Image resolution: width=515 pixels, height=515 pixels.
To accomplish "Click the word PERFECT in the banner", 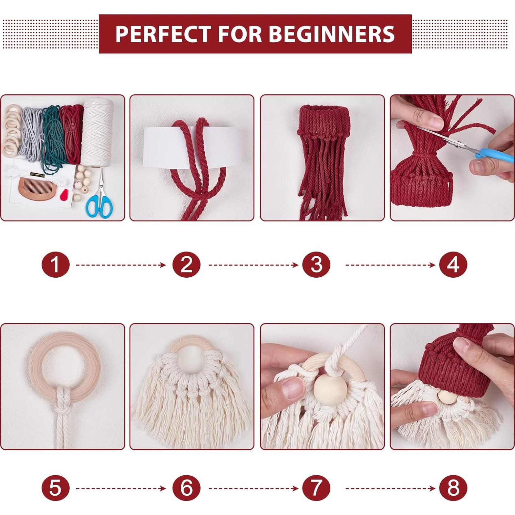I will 163,34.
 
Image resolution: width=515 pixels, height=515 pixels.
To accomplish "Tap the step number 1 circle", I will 55,265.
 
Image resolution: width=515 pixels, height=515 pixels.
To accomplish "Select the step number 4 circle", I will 453,265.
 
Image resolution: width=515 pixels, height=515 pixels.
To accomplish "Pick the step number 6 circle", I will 186,488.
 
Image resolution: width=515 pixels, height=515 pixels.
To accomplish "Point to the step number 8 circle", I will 453,488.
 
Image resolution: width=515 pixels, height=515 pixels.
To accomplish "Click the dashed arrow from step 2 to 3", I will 253,265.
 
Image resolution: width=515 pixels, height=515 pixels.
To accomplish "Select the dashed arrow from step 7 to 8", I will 390,488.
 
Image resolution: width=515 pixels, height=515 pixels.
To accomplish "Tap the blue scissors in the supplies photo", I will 100,203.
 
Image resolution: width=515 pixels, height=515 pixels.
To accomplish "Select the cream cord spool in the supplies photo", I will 97,133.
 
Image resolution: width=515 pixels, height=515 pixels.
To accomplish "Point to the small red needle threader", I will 64,196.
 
